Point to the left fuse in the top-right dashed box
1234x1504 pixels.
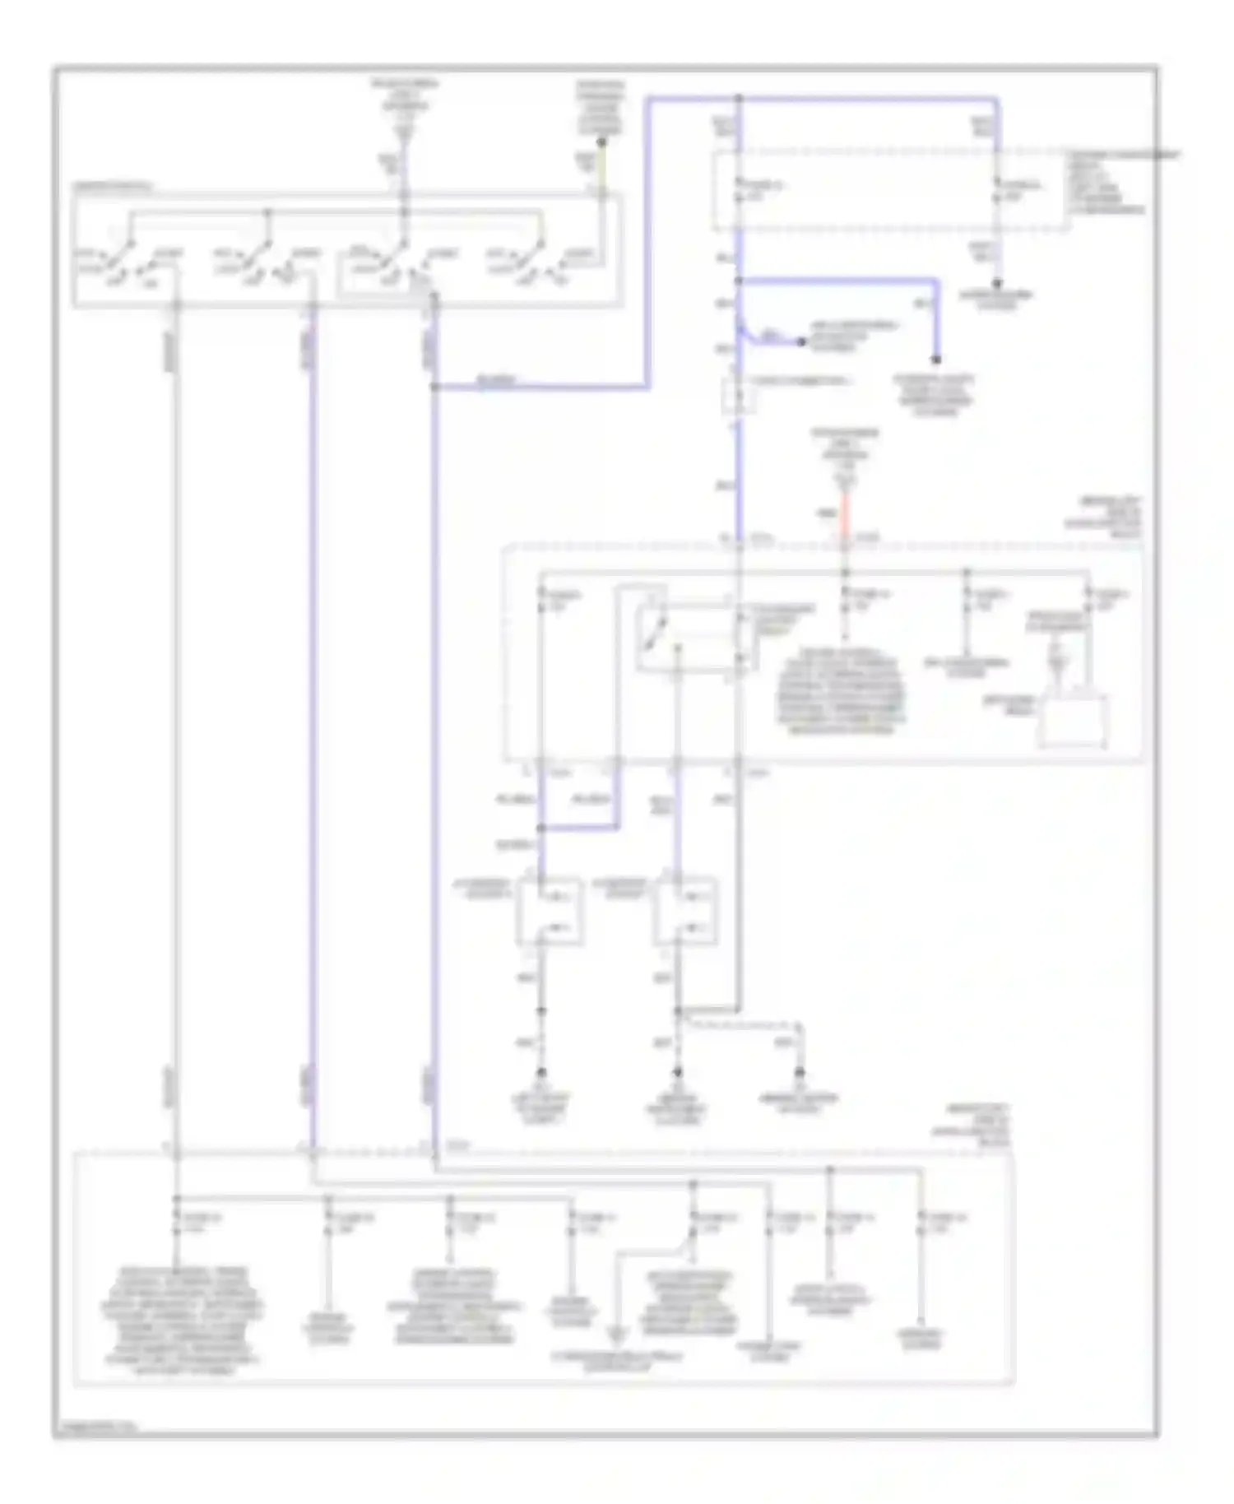tap(740, 190)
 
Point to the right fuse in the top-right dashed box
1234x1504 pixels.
tap(997, 190)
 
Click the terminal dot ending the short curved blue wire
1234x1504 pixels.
tap(801, 341)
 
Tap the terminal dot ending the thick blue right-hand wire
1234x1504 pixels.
tap(936, 360)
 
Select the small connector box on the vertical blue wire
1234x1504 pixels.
tap(739, 396)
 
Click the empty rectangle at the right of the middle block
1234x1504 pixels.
tap(1072, 721)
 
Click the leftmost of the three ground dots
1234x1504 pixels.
tap(541, 1073)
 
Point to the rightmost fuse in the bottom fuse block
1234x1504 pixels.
tap(921, 1223)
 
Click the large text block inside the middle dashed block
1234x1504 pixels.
tap(841, 691)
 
